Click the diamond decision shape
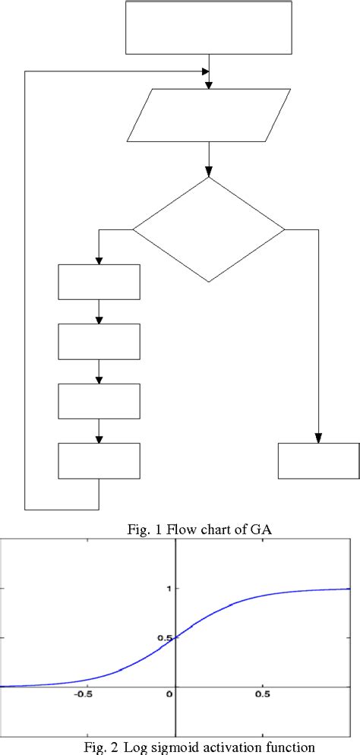tap(209, 229)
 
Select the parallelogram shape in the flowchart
tap(209, 115)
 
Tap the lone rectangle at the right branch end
tap(319, 460)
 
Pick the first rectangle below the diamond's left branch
tap(99, 282)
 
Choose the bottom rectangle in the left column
tap(99, 460)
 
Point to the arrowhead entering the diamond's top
tap(209, 172)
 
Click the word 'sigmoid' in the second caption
tap(178, 747)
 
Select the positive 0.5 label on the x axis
tap(264, 694)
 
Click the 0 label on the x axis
tap(172, 694)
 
